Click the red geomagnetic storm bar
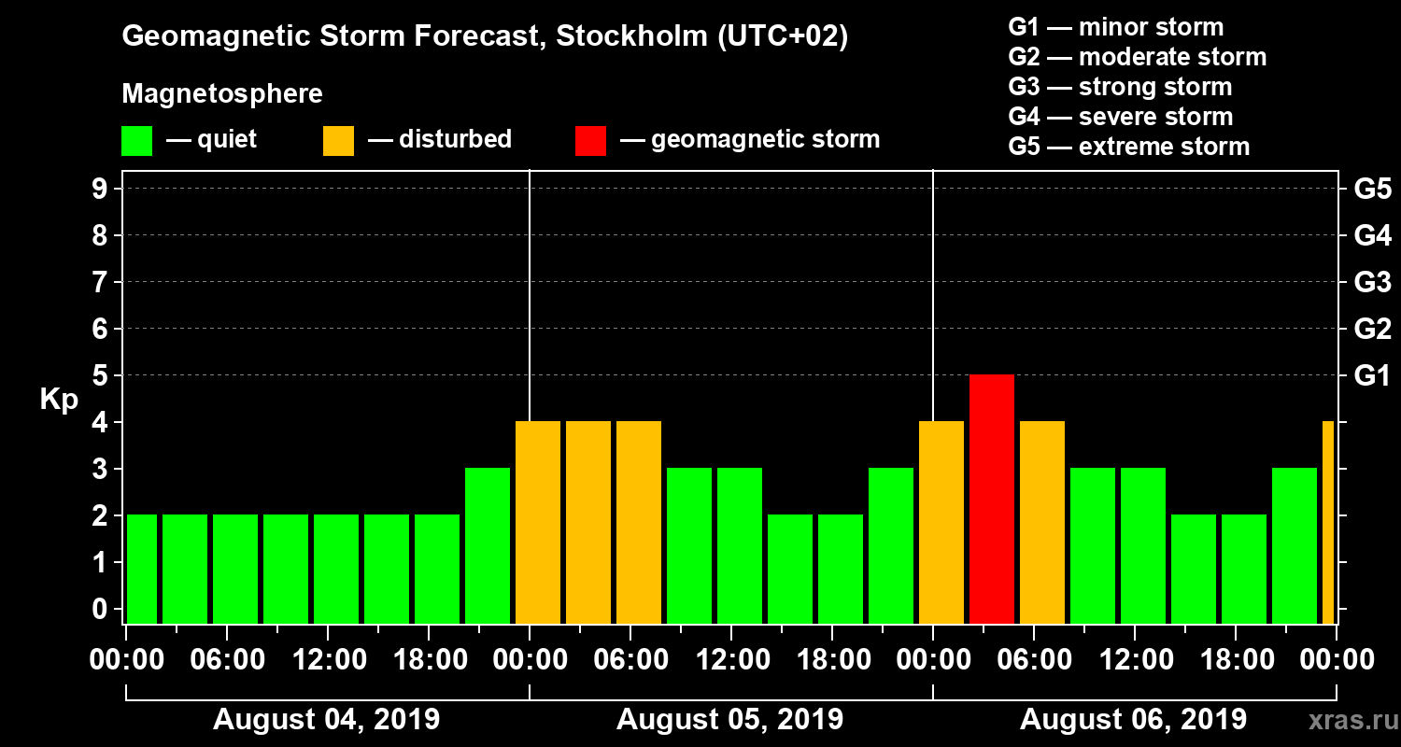point(992,499)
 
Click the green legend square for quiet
point(136,141)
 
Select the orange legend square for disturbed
point(338,141)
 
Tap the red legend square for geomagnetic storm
point(590,141)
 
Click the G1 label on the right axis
point(1372,376)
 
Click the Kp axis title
point(58,400)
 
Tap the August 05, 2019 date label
point(729,720)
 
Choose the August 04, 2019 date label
point(326,720)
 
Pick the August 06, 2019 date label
point(1133,720)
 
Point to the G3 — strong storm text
point(1120,87)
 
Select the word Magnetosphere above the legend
point(222,94)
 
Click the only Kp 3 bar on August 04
point(488,545)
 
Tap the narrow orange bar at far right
point(1328,522)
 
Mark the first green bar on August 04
point(142,569)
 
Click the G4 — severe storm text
point(1120,117)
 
